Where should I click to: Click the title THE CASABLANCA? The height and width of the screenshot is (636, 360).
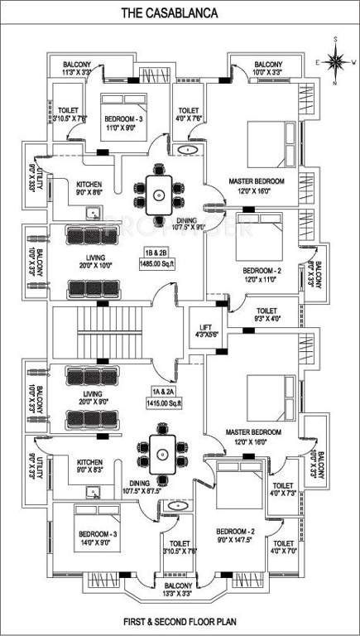tap(181, 14)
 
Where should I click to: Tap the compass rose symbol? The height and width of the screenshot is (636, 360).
tap(336, 60)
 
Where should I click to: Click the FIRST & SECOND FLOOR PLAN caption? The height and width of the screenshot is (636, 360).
tap(180, 619)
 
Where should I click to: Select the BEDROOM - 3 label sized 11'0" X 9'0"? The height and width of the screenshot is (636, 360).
tap(123, 123)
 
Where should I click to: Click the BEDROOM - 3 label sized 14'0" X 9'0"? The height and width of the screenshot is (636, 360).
tap(98, 538)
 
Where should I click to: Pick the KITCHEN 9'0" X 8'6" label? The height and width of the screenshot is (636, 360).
tap(89, 189)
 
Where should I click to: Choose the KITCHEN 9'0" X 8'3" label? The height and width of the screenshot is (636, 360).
tap(89, 467)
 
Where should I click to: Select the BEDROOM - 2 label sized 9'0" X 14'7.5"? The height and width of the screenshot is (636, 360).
tap(235, 536)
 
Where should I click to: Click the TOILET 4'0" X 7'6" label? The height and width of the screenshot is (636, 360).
tap(189, 114)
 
